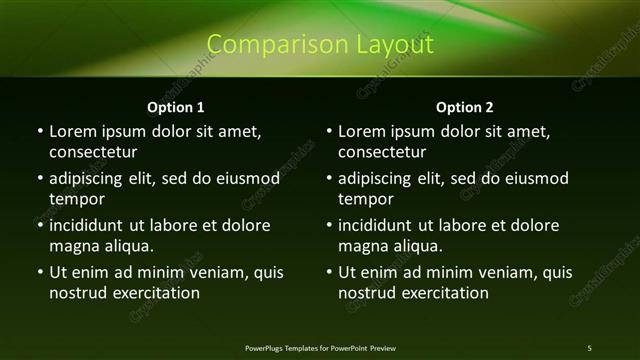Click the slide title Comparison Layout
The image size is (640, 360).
(x=320, y=45)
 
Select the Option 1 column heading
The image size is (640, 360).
(x=176, y=107)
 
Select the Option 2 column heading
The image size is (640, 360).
(x=465, y=107)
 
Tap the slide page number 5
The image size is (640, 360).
(x=589, y=347)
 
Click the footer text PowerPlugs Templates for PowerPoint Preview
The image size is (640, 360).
(x=320, y=347)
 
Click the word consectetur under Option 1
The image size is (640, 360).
(x=93, y=153)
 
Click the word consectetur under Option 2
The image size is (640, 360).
(x=383, y=153)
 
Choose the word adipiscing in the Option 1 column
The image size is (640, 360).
(x=91, y=179)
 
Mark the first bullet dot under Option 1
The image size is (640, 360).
(x=40, y=131)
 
